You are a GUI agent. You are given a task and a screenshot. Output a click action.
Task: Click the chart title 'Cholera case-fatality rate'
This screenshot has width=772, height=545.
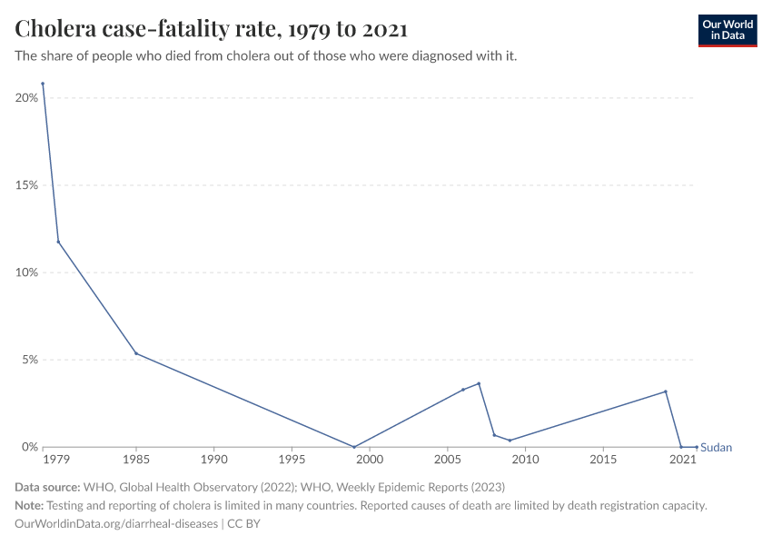click(x=211, y=29)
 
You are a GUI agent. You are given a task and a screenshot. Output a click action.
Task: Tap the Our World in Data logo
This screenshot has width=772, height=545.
click(x=727, y=30)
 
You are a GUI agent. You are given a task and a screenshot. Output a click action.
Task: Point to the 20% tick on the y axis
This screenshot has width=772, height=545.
click(x=25, y=97)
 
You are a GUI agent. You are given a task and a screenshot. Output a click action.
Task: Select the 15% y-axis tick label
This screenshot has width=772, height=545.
click(x=25, y=185)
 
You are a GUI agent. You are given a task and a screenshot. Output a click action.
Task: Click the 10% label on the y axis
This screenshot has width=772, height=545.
click(x=25, y=272)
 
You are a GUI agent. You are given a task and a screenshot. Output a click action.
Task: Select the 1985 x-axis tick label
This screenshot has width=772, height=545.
click(x=136, y=461)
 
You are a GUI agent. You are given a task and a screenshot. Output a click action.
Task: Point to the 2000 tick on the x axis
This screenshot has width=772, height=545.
click(x=370, y=461)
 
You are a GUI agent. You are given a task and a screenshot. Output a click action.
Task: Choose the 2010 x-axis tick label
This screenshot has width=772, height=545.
click(x=525, y=461)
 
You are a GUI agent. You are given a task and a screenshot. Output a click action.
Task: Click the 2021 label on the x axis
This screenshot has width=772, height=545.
click(x=682, y=461)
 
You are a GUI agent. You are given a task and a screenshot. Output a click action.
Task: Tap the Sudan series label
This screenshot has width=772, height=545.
click(x=716, y=448)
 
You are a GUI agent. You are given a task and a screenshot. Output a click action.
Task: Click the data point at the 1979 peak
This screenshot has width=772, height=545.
click(x=43, y=84)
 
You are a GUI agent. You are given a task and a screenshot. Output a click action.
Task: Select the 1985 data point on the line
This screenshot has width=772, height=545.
click(x=136, y=353)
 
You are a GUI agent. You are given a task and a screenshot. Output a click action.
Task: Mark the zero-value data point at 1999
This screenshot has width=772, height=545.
click(x=354, y=447)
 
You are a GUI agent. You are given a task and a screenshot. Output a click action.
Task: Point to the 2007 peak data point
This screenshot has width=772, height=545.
click(x=479, y=383)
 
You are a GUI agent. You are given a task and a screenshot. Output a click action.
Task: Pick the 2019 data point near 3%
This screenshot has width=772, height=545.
click(x=666, y=391)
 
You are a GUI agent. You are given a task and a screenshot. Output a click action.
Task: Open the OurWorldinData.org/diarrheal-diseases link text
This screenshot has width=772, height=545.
click(x=116, y=524)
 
